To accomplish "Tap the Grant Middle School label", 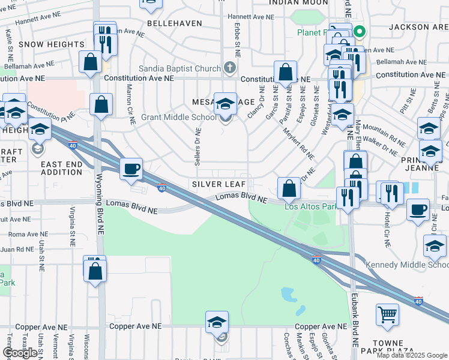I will [x=178, y=118].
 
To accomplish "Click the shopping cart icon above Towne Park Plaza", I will [x=387, y=313].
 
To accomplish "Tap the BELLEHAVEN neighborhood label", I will [x=171, y=22].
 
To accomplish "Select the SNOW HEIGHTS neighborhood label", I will [x=52, y=44].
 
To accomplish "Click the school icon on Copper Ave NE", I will [x=217, y=322].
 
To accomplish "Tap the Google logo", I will [x=20, y=353].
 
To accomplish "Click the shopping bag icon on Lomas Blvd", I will [x=289, y=188].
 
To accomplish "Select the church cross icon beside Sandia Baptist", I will [x=229, y=68].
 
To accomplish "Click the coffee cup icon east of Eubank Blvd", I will [x=418, y=210].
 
